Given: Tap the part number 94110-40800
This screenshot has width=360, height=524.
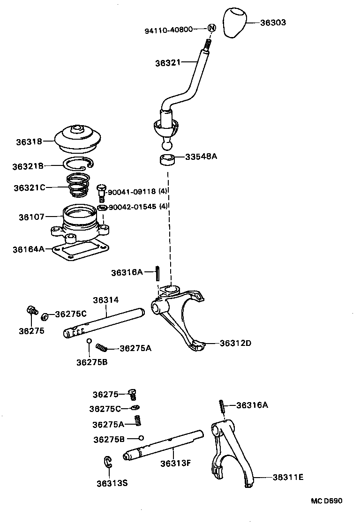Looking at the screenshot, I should (168, 30).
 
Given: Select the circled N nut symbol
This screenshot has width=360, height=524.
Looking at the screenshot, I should (211, 28).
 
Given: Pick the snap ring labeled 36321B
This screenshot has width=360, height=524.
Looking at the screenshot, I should (78, 164).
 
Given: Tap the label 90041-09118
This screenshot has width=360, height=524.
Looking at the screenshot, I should (132, 192).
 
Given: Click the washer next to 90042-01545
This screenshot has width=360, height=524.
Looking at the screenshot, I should (101, 207).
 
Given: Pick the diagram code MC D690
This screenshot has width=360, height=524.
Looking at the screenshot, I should (327, 501).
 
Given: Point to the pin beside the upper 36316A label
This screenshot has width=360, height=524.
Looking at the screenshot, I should (158, 272).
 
